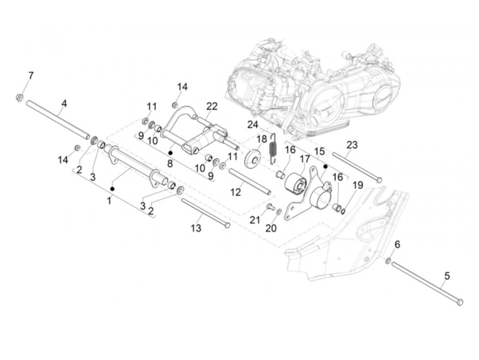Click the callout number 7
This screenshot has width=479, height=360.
(31, 76)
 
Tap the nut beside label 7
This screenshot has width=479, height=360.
(20, 98)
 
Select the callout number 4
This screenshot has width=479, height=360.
(64, 103)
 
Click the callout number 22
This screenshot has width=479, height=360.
(212, 106)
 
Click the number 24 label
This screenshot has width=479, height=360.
(253, 125)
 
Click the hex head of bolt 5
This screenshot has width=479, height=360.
(460, 302)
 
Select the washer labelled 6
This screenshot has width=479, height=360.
(389, 261)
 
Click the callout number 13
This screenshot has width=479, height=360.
(196, 228)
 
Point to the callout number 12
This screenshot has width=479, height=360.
(236, 192)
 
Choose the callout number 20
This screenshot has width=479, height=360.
(271, 228)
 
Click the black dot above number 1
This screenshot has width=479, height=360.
(112, 189)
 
